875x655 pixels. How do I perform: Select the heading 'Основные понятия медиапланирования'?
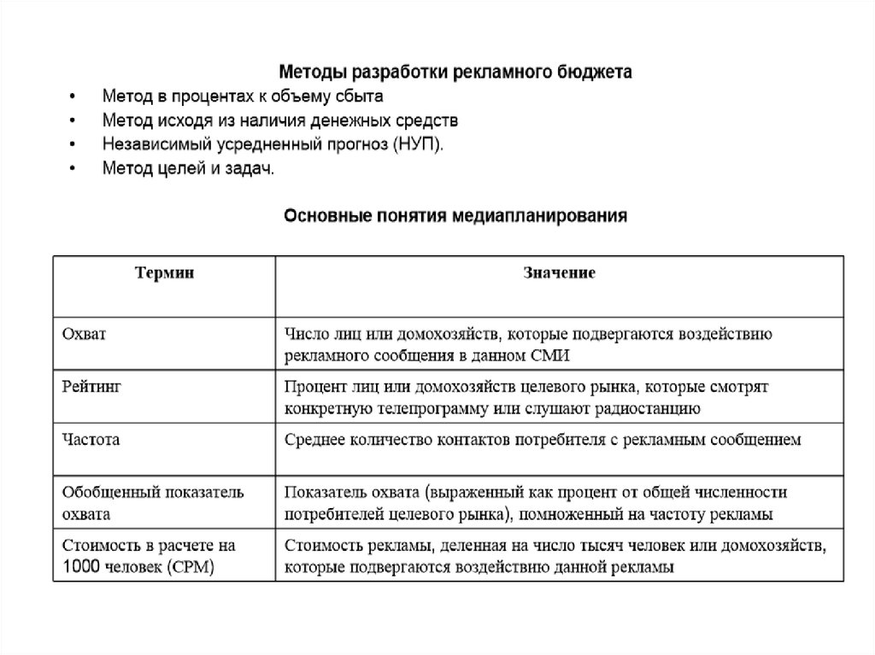tap(455, 216)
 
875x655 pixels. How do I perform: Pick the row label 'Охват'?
tap(84, 334)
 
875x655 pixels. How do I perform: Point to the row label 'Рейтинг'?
tap(91, 387)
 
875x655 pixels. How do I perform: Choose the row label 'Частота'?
tap(91, 440)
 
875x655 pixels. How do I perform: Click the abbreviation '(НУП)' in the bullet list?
tap(419, 143)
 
